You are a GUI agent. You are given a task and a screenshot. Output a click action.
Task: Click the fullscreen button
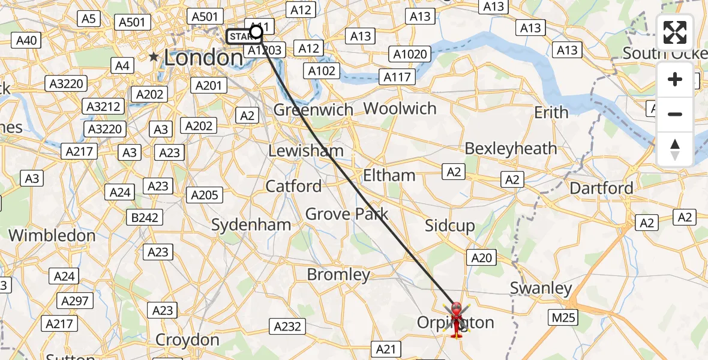(x=675, y=32)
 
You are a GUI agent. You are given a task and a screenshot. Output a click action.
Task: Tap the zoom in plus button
(x=675, y=79)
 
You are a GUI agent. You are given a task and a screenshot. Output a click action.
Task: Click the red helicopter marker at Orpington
(x=457, y=319)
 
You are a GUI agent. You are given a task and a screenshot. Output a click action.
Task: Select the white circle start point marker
(x=256, y=31)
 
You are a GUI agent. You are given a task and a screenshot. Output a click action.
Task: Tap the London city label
(x=203, y=58)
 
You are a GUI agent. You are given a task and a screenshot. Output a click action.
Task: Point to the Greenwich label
(x=313, y=110)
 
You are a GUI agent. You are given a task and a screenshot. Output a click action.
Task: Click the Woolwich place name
(x=400, y=109)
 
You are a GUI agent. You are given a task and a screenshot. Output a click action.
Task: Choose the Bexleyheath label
(x=511, y=148)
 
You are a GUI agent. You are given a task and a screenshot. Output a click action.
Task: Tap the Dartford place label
(x=601, y=188)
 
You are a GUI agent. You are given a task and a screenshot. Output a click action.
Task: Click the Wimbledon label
(x=52, y=235)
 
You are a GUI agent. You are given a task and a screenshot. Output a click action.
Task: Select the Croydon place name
(x=187, y=340)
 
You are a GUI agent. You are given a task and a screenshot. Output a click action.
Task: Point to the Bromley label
(x=338, y=275)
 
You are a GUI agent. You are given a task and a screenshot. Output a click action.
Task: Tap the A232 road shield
(x=287, y=326)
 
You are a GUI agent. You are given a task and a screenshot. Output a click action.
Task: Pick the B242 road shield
(x=145, y=217)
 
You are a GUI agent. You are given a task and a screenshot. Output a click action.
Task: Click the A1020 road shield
(x=410, y=55)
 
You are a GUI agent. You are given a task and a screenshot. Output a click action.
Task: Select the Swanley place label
(x=541, y=288)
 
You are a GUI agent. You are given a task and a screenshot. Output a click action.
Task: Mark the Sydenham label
(x=251, y=225)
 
